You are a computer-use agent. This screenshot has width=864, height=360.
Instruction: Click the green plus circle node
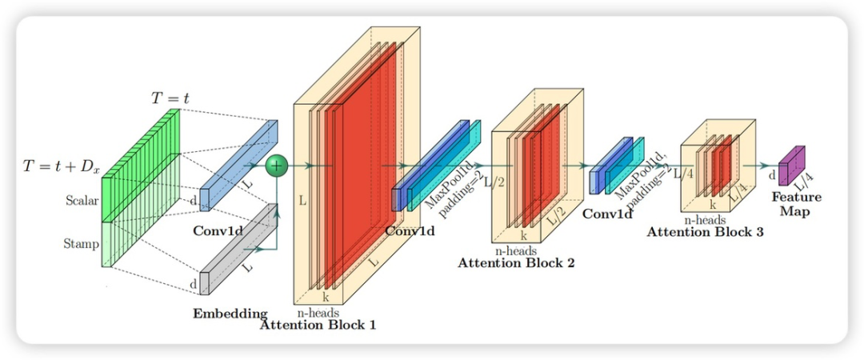[x=276, y=166]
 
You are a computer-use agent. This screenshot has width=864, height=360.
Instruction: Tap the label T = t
[x=170, y=98]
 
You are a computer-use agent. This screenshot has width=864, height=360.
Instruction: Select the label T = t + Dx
[x=62, y=167]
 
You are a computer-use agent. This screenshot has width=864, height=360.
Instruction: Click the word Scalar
[x=82, y=201]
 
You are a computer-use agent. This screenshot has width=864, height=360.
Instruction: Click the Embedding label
[x=230, y=313]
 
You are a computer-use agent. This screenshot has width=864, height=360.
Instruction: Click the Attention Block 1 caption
[x=318, y=325]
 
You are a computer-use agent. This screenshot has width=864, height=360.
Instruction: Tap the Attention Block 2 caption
[x=516, y=262]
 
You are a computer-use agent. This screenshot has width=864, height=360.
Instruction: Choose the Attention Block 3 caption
[x=705, y=232]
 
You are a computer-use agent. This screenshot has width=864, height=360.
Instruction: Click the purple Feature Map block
[x=792, y=166]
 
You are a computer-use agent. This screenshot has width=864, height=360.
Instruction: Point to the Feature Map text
[x=794, y=204]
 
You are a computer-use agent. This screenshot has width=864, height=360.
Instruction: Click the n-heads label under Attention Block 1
[x=318, y=313]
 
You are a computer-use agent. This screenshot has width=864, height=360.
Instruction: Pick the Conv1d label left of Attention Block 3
[x=608, y=214]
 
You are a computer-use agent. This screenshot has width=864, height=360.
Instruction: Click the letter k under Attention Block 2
[x=523, y=237]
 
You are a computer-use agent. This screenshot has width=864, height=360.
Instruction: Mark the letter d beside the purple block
[x=772, y=174]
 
